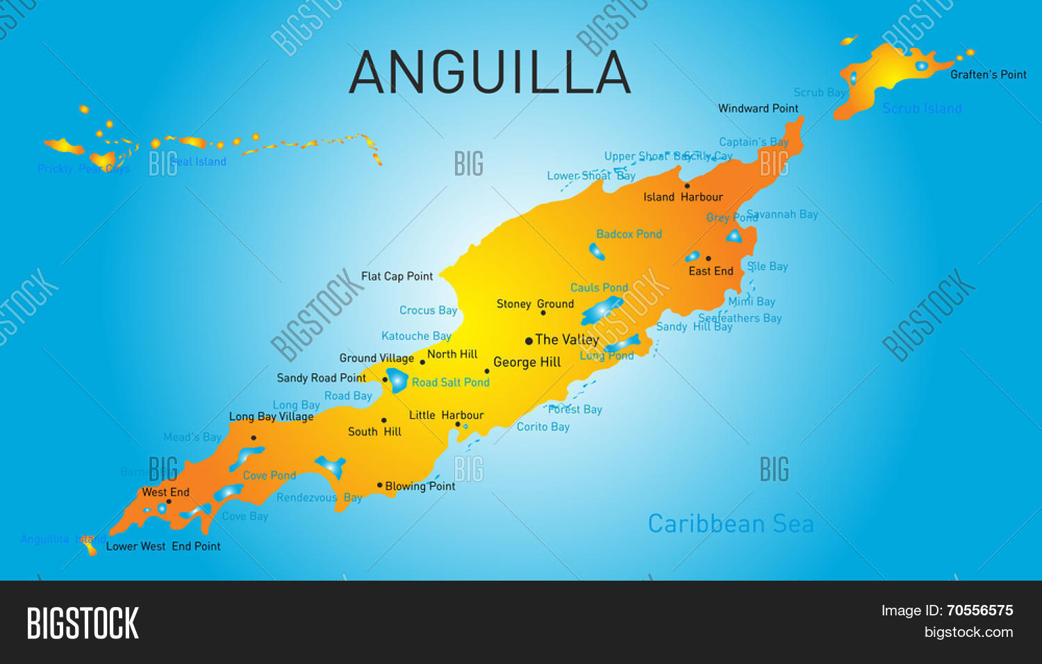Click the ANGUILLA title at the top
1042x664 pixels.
pyautogui.click(x=490, y=73)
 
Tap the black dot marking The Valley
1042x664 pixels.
pyautogui.click(x=529, y=340)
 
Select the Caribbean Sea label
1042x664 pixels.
pyautogui.click(x=730, y=524)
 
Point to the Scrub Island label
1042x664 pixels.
pyautogui.click(x=922, y=108)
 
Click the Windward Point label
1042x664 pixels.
pyautogui.click(x=758, y=108)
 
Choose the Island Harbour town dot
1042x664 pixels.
pyautogui.click(x=687, y=185)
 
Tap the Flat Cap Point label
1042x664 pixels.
pyautogui.click(x=397, y=276)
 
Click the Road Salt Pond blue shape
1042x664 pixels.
pyautogui.click(x=397, y=380)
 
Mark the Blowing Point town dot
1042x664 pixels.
pyautogui.click(x=379, y=485)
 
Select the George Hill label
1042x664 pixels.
pyautogui.click(x=527, y=362)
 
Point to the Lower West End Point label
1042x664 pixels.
pyautogui.click(x=163, y=547)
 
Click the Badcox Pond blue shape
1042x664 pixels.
pyautogui.click(x=597, y=251)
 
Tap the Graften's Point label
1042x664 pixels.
pyautogui.click(x=988, y=74)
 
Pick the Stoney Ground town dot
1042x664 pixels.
pyautogui.click(x=543, y=313)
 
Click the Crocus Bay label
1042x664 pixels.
pyautogui.click(x=428, y=310)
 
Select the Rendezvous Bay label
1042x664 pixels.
pyautogui.click(x=319, y=497)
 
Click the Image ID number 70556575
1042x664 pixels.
pyautogui.click(x=979, y=611)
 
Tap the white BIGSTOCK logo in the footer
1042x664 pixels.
pyautogui.click(x=83, y=623)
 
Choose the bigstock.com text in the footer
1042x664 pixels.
pyautogui.click(x=968, y=632)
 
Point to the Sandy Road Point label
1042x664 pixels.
pyautogui.click(x=321, y=378)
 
